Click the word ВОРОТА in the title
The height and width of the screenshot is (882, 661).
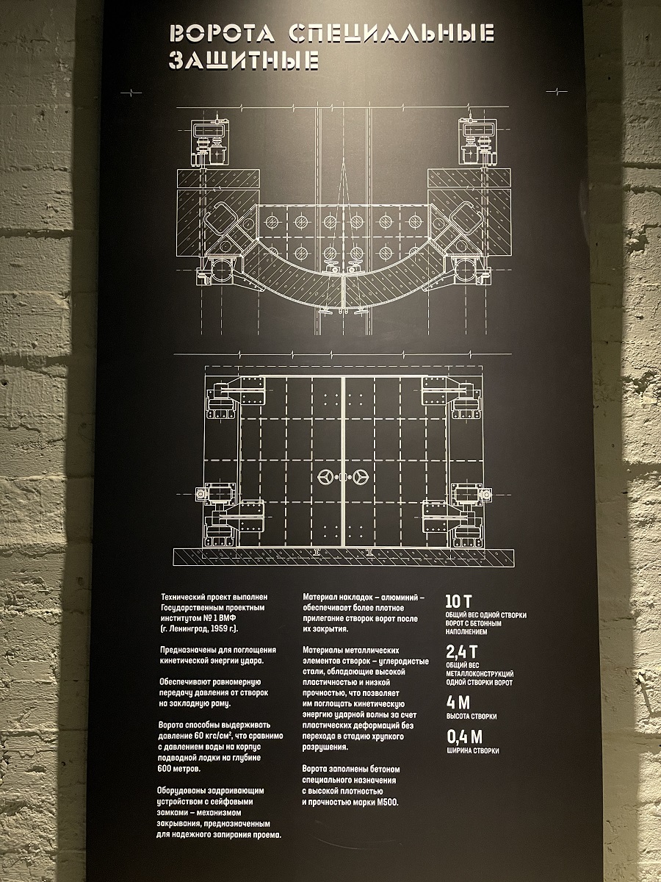(x=223, y=33)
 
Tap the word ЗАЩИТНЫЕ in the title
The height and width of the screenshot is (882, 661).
(x=244, y=60)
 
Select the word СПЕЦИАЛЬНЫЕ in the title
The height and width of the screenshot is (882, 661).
(x=391, y=33)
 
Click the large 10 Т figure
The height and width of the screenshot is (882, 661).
(x=458, y=601)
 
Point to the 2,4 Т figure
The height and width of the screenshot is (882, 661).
(x=461, y=652)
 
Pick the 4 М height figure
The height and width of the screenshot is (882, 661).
(x=458, y=703)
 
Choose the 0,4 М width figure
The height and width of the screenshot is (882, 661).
(x=464, y=737)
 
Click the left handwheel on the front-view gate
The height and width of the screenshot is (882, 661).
(x=325, y=477)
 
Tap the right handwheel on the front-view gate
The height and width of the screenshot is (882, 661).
(x=361, y=477)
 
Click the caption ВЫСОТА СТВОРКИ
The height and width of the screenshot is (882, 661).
(x=472, y=717)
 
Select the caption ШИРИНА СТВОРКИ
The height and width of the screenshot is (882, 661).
(x=473, y=750)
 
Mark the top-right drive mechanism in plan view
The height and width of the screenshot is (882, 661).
(x=479, y=143)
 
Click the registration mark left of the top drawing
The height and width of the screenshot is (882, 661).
(x=131, y=93)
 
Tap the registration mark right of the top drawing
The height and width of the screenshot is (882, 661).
(x=557, y=92)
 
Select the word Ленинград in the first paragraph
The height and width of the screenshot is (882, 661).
(x=188, y=629)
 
